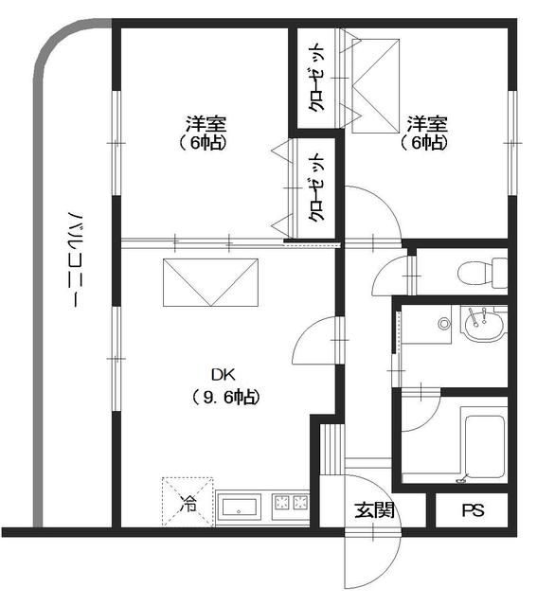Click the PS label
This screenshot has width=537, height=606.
472,511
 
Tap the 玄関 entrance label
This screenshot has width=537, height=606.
374,511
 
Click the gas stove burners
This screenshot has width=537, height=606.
291,505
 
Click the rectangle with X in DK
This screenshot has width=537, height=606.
211,282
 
